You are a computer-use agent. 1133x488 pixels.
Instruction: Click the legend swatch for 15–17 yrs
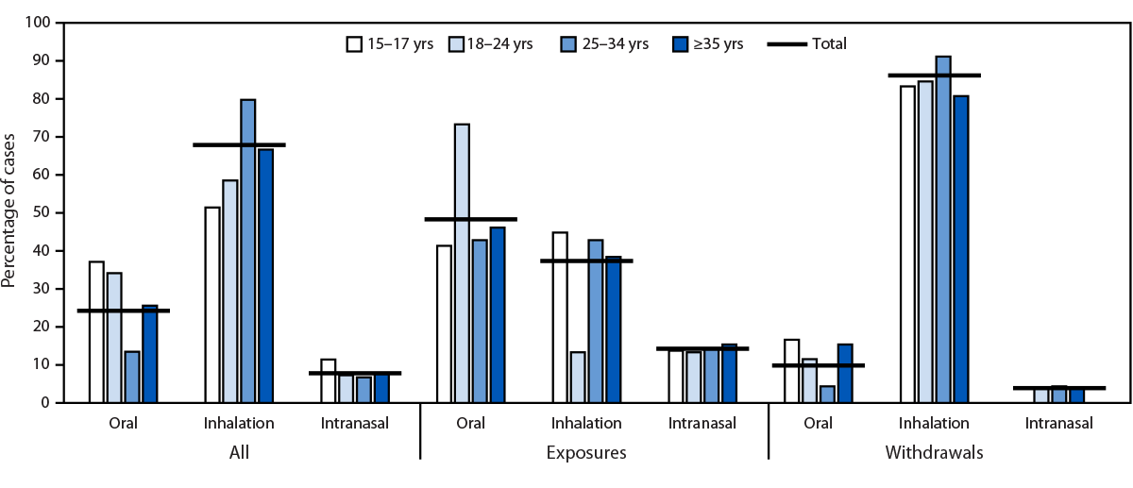tap(355, 43)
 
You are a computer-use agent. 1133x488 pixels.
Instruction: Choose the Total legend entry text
tap(827, 43)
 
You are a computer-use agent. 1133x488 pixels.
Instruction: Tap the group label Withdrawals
tap(934, 453)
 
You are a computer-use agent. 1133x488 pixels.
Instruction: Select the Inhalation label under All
tap(239, 424)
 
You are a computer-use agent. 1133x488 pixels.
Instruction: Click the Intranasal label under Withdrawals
tap(1058, 424)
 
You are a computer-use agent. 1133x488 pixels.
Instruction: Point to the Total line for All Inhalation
tap(239, 144)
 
